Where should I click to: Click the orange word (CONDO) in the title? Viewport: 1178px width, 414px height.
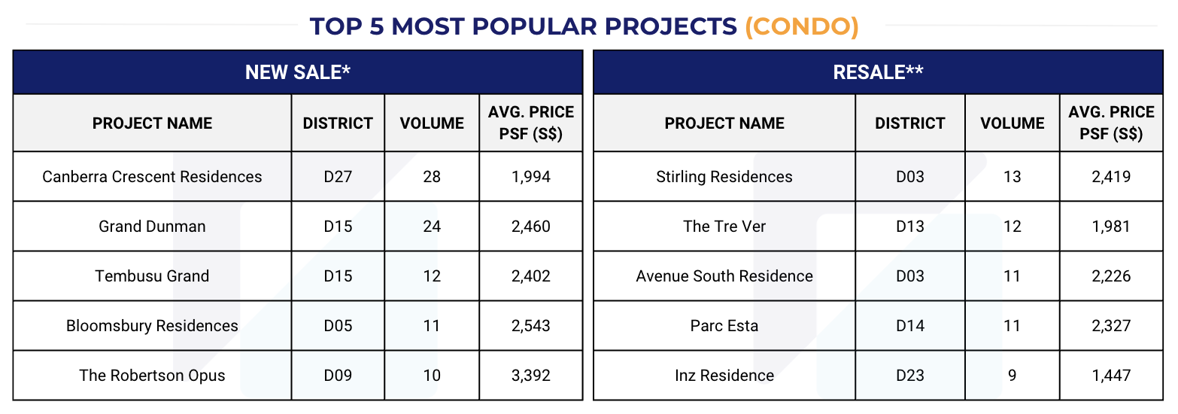click(x=801, y=26)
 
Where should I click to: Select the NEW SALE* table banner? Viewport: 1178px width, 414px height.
click(x=298, y=72)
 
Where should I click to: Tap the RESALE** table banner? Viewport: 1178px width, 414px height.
click(x=878, y=72)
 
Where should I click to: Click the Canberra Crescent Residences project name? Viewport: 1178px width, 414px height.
click(x=152, y=177)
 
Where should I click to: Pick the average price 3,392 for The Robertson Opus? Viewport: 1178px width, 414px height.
click(x=530, y=375)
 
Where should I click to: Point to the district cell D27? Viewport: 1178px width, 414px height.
click(x=338, y=177)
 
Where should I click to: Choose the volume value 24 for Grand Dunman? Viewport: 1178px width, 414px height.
click(x=432, y=227)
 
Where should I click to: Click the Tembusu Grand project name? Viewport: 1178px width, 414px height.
click(x=152, y=276)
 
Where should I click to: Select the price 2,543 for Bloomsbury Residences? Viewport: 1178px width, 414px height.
click(x=530, y=326)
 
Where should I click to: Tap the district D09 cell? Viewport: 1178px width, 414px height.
click(x=338, y=375)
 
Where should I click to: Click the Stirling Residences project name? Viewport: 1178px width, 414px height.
click(x=724, y=177)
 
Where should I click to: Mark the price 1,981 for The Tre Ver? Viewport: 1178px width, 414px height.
click(x=1110, y=227)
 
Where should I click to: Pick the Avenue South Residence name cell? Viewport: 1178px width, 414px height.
click(x=724, y=276)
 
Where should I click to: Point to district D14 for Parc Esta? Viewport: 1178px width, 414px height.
click(x=909, y=326)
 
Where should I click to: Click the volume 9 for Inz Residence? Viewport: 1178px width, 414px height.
click(x=1012, y=375)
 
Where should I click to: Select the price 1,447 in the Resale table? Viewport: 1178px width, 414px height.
click(x=1110, y=375)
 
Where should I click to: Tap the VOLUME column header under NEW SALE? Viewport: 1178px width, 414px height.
click(x=432, y=123)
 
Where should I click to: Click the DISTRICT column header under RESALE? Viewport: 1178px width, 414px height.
click(x=909, y=123)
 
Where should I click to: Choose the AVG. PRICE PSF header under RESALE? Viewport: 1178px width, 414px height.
click(x=1110, y=123)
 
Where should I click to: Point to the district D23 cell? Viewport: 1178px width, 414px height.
click(x=909, y=375)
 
